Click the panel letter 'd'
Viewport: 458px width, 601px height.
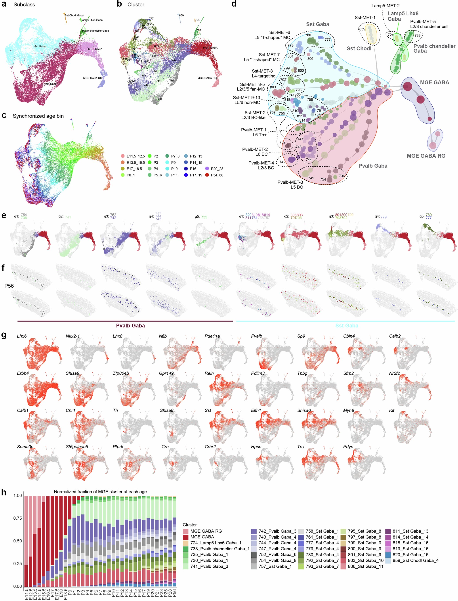coord(234,4)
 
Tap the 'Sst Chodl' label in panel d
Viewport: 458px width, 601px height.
coord(359,49)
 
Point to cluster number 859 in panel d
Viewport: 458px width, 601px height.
coord(362,29)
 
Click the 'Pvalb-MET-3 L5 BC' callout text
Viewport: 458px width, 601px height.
coord(290,185)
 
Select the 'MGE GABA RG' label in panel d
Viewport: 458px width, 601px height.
coord(426,156)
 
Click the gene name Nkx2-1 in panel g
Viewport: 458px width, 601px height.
coord(73,336)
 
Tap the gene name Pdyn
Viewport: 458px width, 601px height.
coord(348,447)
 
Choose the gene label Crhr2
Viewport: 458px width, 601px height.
coord(210,447)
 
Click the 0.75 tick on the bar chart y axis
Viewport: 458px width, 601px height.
coord(17,518)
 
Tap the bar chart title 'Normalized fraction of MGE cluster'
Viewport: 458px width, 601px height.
coord(100,492)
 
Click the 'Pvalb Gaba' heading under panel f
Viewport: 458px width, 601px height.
coord(130,325)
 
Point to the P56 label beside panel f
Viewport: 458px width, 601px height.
coord(9,286)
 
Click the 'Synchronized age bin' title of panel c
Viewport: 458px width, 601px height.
coord(38,116)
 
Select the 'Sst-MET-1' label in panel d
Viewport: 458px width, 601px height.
coord(365,17)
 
